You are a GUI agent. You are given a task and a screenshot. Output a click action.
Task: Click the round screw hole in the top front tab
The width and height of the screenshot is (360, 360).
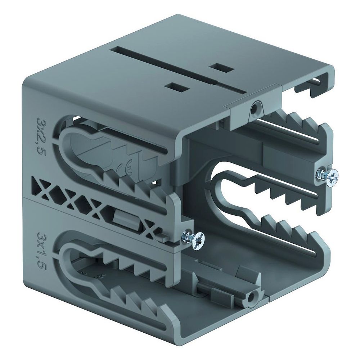pos(255,109)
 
